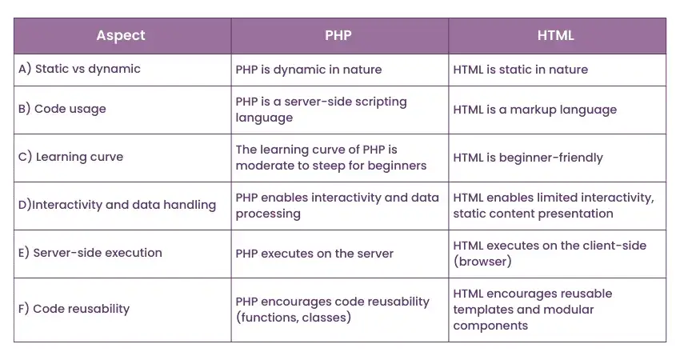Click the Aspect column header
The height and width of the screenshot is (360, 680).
click(121, 36)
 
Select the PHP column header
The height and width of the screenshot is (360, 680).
click(339, 36)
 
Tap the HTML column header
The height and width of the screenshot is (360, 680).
click(557, 36)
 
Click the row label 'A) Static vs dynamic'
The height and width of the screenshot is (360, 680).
click(79, 70)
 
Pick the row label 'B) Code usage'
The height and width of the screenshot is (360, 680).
click(62, 110)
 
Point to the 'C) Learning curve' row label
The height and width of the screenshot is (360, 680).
click(70, 158)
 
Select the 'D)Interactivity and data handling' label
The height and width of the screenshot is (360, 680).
click(117, 206)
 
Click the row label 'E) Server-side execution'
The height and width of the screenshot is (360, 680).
click(90, 254)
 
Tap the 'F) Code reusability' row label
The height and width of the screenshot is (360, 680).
click(74, 310)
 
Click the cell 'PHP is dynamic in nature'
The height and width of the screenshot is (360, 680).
click(308, 70)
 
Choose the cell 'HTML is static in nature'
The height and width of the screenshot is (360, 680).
click(520, 70)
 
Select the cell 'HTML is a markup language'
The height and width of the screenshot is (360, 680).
click(534, 110)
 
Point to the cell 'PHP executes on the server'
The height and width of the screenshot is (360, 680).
click(314, 254)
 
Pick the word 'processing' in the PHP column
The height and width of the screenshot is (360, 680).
click(268, 214)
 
